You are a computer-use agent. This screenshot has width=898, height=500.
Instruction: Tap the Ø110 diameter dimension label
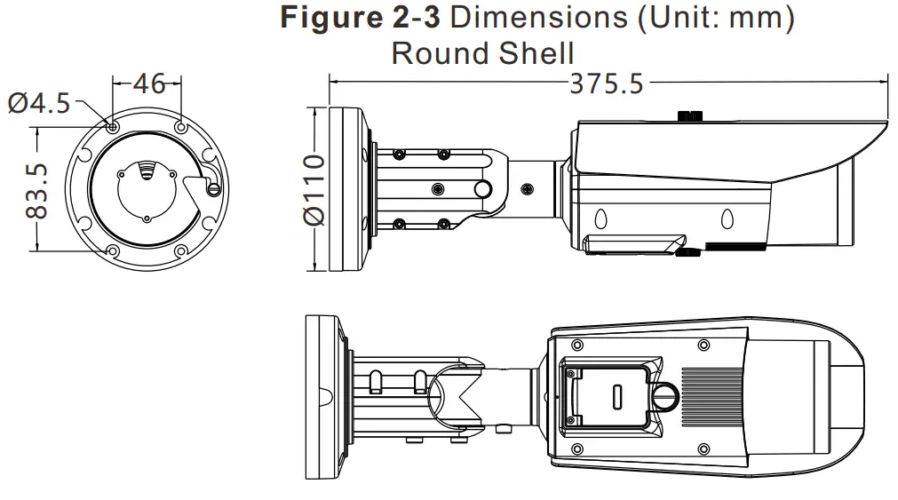point(313,189)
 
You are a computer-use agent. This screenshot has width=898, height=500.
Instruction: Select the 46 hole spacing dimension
point(147,83)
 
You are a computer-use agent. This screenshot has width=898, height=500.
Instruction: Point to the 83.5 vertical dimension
point(36,190)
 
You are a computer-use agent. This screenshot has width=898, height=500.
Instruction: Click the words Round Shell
point(482,53)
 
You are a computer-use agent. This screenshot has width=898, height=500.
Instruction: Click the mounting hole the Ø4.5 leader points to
point(111,127)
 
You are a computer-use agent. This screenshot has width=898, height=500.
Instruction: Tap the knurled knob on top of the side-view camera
point(690,115)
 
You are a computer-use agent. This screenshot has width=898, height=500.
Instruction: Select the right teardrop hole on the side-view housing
point(727,218)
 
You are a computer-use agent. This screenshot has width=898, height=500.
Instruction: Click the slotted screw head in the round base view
point(212,187)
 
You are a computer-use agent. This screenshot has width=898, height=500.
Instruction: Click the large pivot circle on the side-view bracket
point(482,189)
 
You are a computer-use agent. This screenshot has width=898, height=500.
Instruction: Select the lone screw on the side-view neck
point(528,189)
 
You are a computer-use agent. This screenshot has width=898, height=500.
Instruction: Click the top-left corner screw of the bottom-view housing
point(578,344)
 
